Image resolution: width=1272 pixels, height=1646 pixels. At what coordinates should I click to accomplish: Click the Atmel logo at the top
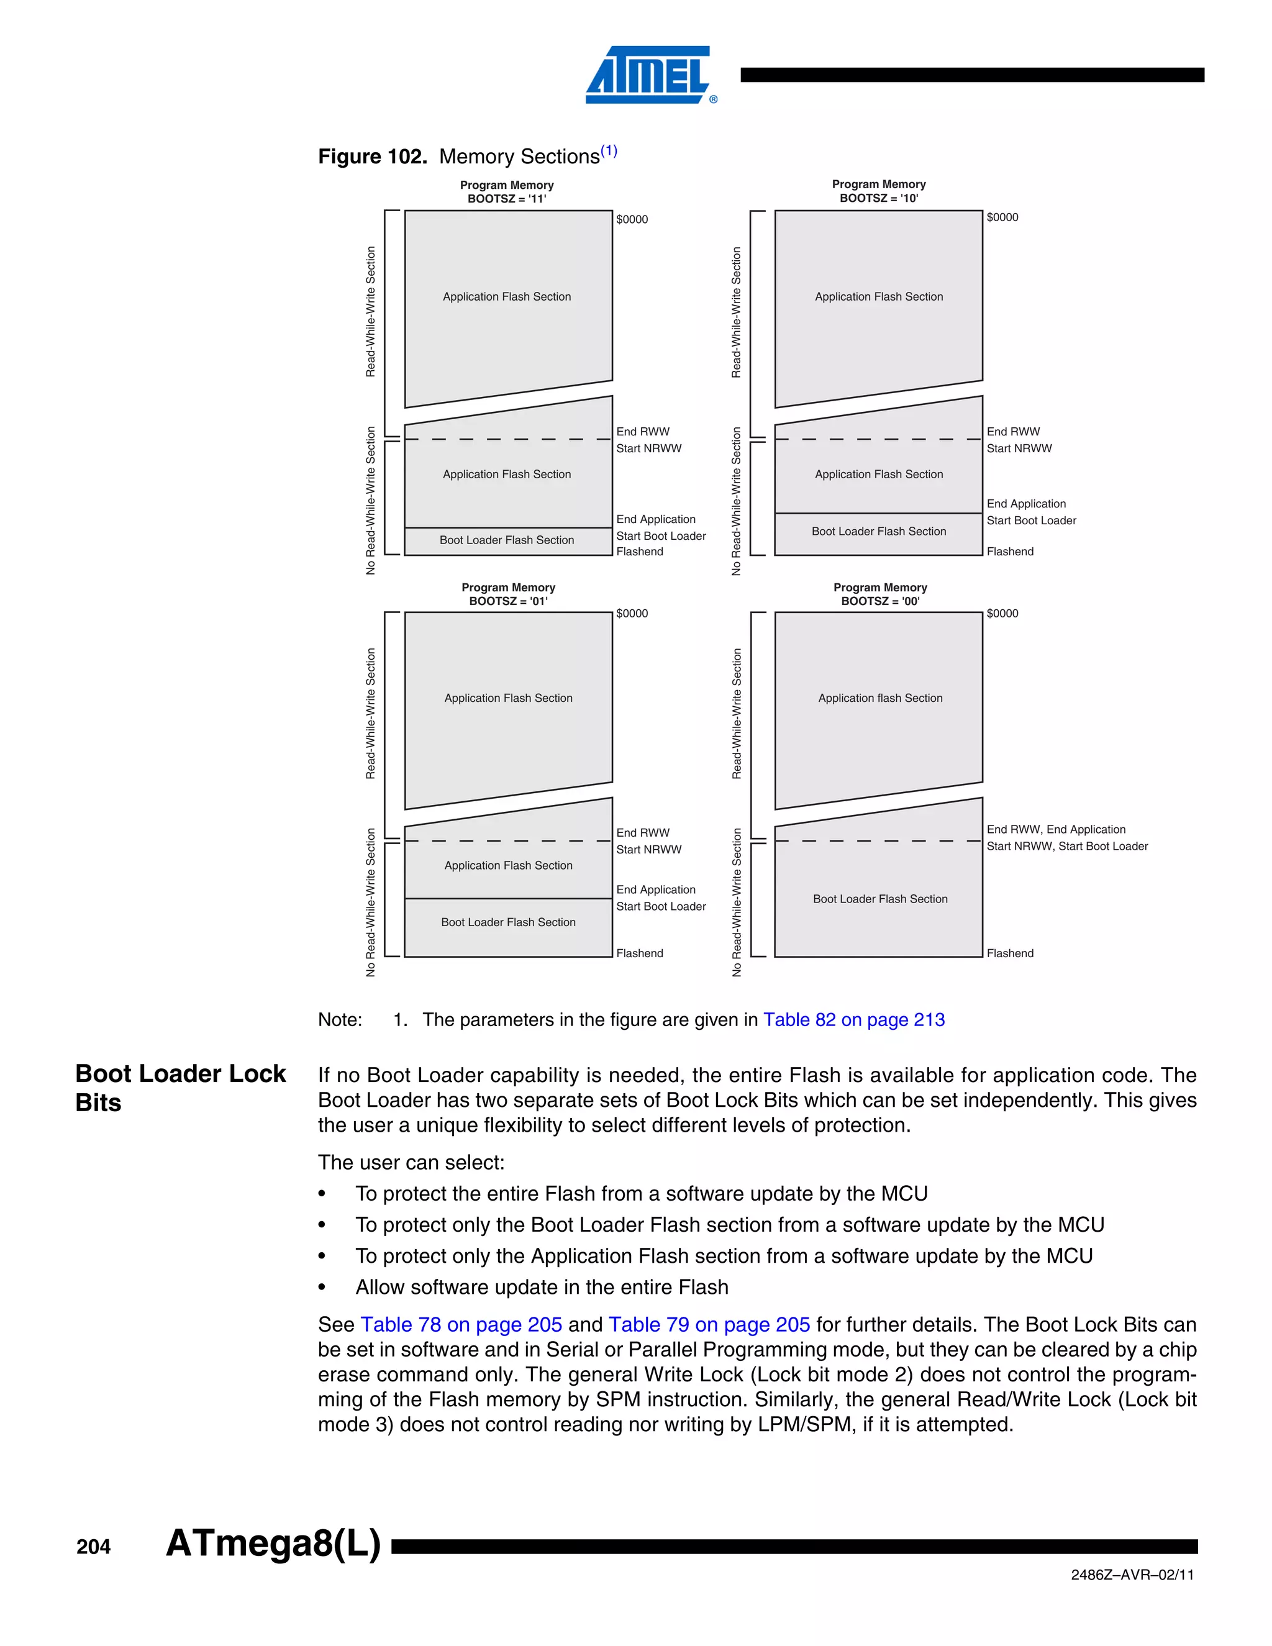click(650, 75)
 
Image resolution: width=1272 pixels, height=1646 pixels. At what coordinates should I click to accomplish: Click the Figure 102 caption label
click(372, 157)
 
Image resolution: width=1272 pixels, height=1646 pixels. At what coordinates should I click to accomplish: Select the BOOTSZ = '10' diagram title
click(879, 198)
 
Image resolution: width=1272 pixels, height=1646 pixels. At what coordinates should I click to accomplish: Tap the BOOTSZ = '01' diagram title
click(508, 601)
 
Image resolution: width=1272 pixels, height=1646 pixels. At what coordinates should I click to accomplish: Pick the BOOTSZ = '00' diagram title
click(880, 601)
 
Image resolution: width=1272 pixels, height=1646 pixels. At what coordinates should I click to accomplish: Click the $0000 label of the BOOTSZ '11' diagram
click(632, 219)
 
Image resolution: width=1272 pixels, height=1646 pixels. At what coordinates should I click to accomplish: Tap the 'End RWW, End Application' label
click(1056, 829)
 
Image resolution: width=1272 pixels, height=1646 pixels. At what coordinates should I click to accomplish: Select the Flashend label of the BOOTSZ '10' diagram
click(1010, 552)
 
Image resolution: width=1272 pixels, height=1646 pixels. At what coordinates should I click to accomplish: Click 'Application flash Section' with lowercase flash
click(880, 698)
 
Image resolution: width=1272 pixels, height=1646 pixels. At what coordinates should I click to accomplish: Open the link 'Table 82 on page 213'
click(854, 1020)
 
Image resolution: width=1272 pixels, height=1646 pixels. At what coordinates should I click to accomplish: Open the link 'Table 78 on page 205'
click(461, 1324)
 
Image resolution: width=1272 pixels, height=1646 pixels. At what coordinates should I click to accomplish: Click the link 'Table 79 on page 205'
click(709, 1324)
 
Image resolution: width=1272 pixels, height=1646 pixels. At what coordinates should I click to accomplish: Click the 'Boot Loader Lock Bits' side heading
click(180, 1088)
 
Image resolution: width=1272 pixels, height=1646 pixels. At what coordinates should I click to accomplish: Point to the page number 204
click(93, 1547)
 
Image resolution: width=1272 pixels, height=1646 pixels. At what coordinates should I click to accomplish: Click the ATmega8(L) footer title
click(273, 1543)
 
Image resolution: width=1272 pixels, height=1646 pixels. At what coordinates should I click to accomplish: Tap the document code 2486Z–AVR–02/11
click(1132, 1575)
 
